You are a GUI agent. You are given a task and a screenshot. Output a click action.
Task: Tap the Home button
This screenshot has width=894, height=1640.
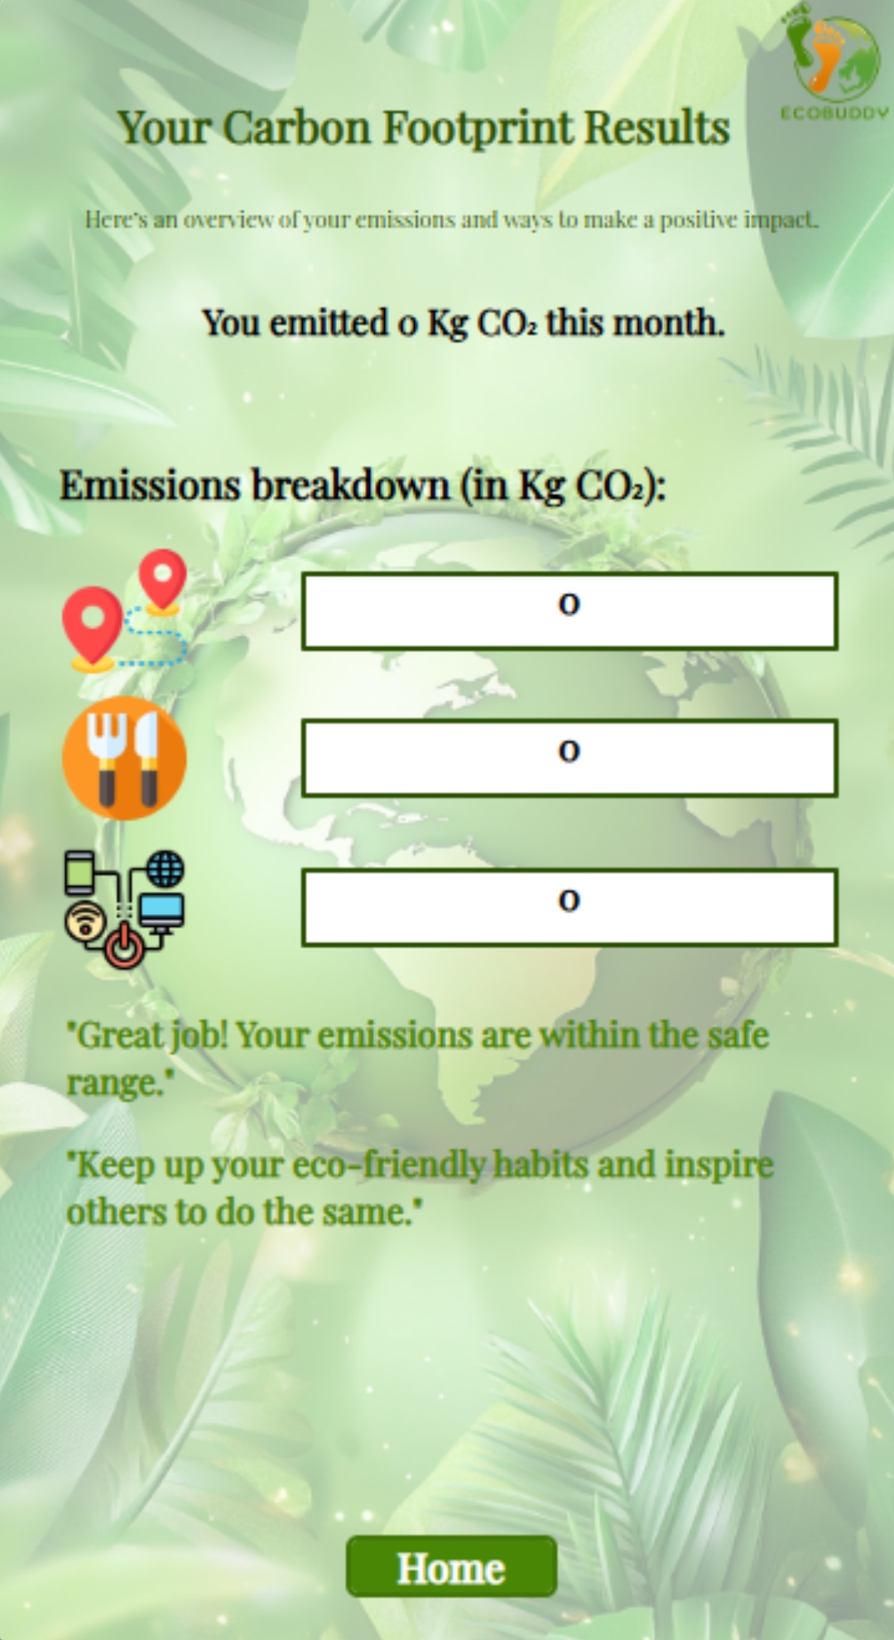coord(451,1566)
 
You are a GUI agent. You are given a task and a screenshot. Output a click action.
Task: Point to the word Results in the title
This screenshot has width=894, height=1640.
coord(657,128)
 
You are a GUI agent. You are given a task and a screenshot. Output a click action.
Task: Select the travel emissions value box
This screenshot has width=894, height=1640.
coord(570,610)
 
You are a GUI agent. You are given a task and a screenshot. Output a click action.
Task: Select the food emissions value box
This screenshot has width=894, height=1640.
coord(570,758)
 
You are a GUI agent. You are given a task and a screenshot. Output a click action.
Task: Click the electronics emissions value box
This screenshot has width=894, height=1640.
coord(570,907)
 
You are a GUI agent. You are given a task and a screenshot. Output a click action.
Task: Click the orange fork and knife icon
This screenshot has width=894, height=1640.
coord(124,758)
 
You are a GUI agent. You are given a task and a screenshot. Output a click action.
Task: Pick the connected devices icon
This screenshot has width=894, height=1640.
coord(124,909)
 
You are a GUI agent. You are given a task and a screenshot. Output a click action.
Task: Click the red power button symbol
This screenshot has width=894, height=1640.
coord(124,948)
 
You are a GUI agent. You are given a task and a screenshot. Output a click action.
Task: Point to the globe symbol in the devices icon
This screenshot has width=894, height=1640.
coord(166,870)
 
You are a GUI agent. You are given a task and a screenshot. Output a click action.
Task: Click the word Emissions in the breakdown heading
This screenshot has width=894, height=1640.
coord(150,485)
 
